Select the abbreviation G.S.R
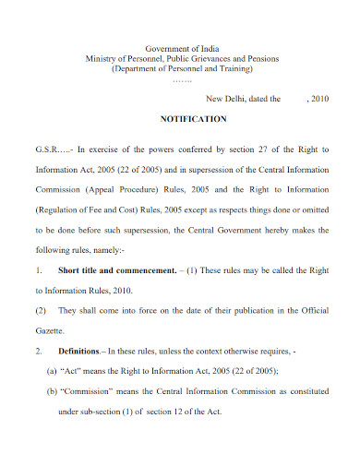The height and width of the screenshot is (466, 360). pos(47,148)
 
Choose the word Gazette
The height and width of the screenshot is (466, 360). pos(50,329)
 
